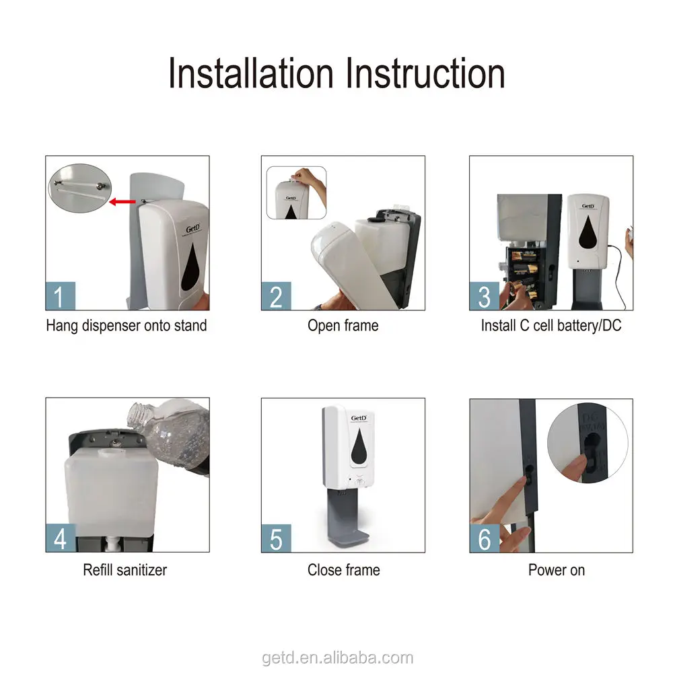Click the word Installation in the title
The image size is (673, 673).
coord(250,73)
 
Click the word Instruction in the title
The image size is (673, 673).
coord(425,73)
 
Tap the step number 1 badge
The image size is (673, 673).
coord(60,296)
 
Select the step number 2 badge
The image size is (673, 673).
coord(276,296)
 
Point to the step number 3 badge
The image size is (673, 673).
coord(484,296)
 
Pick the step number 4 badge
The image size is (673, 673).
coord(61,538)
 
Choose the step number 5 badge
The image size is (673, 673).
coord(276,538)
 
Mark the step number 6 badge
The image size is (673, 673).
coord(484,538)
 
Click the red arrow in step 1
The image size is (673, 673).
coord(122,201)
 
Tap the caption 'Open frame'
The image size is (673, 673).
coord(343,325)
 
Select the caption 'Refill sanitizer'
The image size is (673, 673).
coord(125,570)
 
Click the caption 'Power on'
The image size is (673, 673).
coord(557,570)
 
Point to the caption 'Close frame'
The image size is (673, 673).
coord(343,570)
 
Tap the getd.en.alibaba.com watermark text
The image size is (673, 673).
coord(337,658)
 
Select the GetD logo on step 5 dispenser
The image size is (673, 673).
coord(359,418)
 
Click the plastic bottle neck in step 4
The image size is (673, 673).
coord(138,414)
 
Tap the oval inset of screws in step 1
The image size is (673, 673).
coord(80,188)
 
